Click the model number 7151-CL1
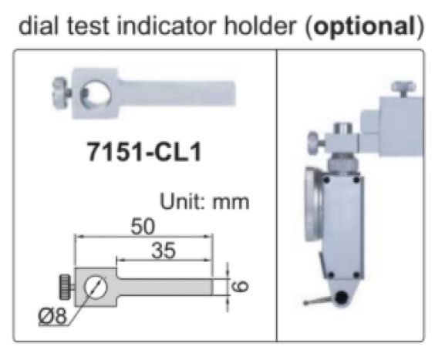coord(143,152)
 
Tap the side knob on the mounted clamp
coord(312,142)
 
